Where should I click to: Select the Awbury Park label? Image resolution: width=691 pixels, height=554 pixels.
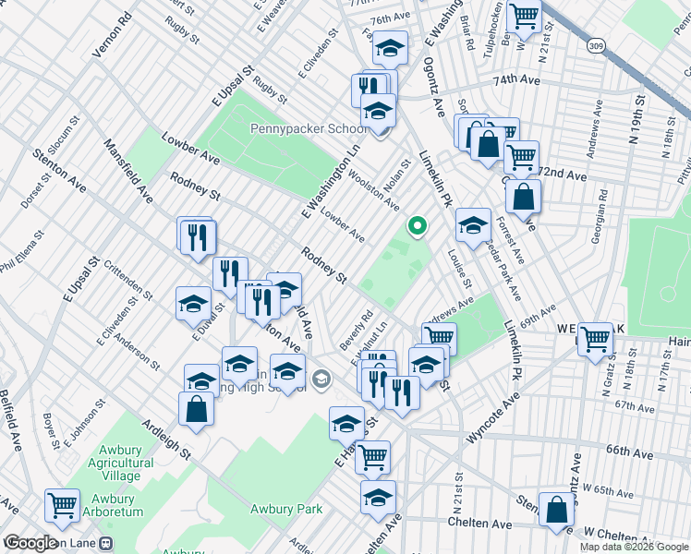pyautogui.click(x=285, y=509)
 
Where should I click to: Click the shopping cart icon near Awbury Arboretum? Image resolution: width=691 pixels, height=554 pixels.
pyautogui.click(x=62, y=505)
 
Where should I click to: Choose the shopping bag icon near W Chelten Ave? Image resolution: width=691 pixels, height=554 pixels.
pyautogui.click(x=557, y=511)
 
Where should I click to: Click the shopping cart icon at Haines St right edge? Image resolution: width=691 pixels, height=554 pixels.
pyautogui.click(x=595, y=339)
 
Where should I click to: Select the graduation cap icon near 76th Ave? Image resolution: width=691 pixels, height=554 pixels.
pyautogui.click(x=390, y=47)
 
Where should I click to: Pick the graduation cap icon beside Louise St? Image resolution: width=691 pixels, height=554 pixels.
pyautogui.click(x=473, y=224)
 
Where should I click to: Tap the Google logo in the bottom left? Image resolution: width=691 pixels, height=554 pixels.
pyautogui.click(x=30, y=543)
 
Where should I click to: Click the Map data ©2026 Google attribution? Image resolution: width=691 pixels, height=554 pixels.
pyautogui.click(x=634, y=547)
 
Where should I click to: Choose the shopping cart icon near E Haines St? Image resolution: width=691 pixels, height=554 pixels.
pyautogui.click(x=372, y=455)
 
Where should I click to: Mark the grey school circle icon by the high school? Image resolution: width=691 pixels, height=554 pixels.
pyautogui.click(x=321, y=377)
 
